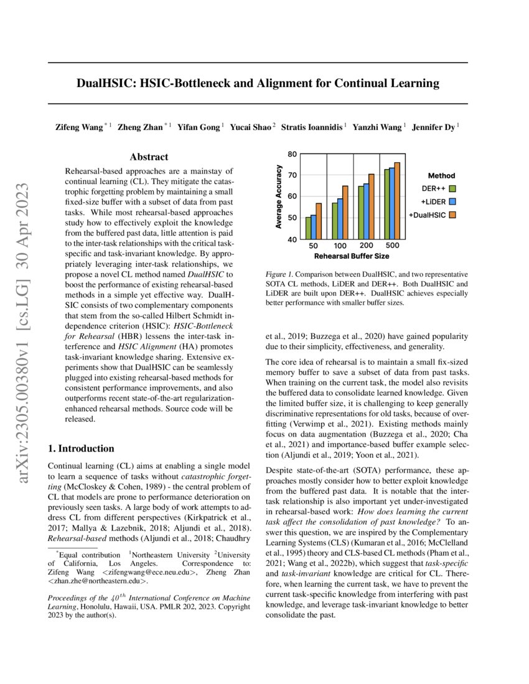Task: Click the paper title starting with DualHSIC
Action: [258, 83]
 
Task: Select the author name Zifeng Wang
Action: [80, 127]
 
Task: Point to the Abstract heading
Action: [149, 157]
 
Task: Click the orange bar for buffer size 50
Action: [319, 221]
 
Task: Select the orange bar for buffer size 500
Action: [397, 200]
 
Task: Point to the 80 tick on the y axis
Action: [293, 154]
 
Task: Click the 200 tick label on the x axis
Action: [367, 246]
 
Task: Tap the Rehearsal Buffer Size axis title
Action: [353, 256]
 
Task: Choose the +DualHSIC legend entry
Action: [433, 215]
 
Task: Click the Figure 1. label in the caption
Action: [281, 274]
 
